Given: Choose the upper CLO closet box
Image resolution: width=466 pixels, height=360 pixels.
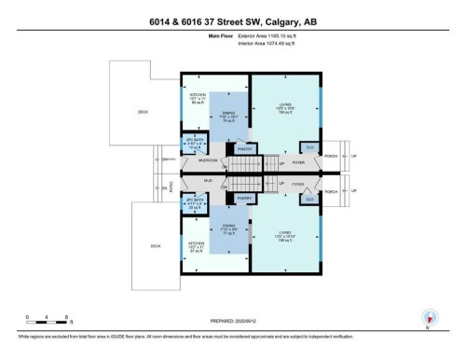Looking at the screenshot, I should (x=308, y=147).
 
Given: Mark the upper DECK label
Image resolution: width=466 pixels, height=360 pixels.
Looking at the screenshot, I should (x=142, y=112).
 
